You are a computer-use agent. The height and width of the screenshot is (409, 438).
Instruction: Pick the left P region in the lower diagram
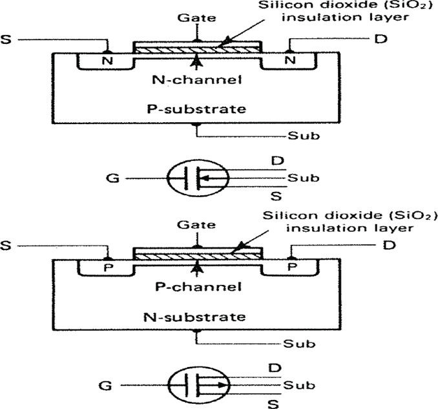104,267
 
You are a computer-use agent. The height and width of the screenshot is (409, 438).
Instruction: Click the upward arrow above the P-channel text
196,271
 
